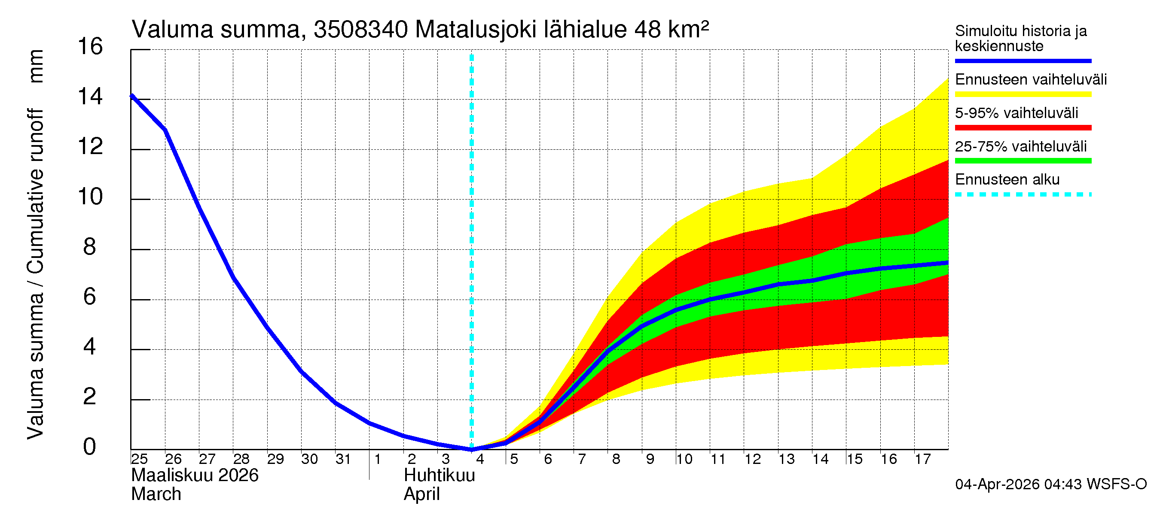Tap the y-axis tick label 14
pyautogui.click(x=90, y=97)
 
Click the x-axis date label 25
pyautogui.click(x=139, y=459)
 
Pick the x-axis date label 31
pyautogui.click(x=343, y=459)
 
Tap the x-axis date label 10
pyautogui.click(x=684, y=459)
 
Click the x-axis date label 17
pyautogui.click(x=923, y=459)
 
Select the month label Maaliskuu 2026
pyautogui.click(x=195, y=476)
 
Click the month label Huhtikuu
pyautogui.click(x=439, y=476)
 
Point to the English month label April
pyautogui.click(x=421, y=494)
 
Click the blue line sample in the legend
pyautogui.click(x=1023, y=61)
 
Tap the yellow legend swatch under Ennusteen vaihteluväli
pyautogui.click(x=1023, y=94)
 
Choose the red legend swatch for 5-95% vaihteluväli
pyautogui.click(x=1023, y=128)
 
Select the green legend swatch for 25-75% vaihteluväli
pyautogui.click(x=1023, y=161)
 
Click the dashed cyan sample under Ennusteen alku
pyautogui.click(x=1023, y=195)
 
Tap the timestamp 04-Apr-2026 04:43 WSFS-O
pyautogui.click(x=1050, y=485)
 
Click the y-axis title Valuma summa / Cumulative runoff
pyautogui.click(x=35, y=274)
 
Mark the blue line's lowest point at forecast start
pyautogui.click(x=471, y=449)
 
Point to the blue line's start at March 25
pyautogui.click(x=131, y=96)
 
